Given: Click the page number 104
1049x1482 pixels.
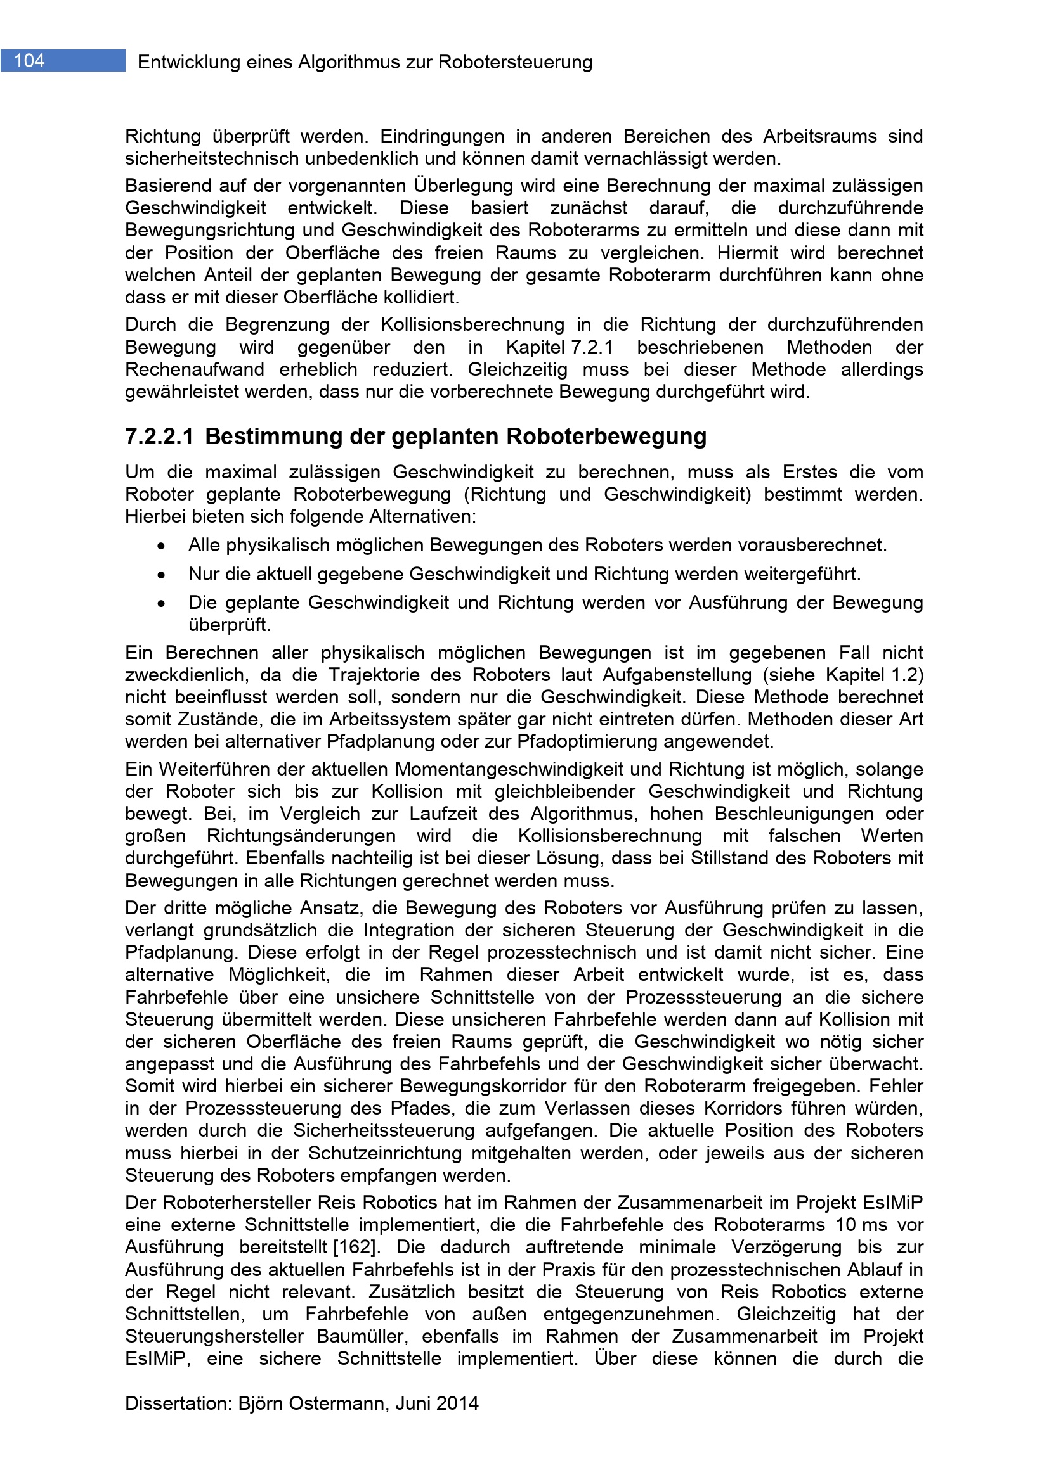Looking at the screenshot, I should pos(30,61).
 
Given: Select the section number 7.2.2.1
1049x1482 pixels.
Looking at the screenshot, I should pos(159,437).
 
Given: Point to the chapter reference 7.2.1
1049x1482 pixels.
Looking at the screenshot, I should pos(592,347).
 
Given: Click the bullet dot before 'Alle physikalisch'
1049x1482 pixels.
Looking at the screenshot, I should pos(161,547).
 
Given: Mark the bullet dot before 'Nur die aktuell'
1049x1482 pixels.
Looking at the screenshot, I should pos(161,575).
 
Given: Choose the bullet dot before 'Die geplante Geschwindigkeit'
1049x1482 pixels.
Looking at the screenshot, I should pos(161,604).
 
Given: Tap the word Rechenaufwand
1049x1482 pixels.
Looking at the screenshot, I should pos(195,370).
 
